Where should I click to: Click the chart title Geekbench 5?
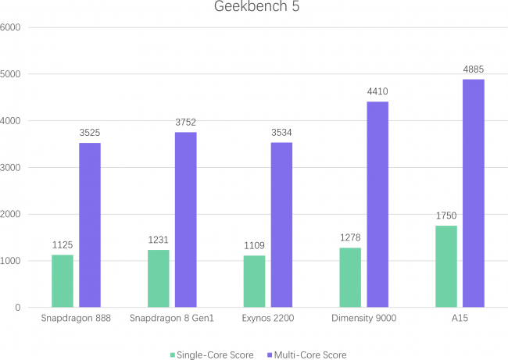(253, 8)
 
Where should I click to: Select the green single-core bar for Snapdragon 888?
(63, 281)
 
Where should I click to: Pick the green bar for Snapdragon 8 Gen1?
(159, 279)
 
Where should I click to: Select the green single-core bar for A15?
(446, 266)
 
